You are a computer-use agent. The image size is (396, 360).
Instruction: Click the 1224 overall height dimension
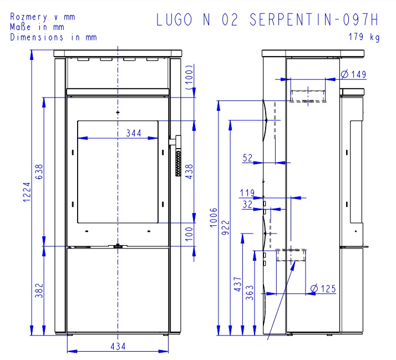point(27,192)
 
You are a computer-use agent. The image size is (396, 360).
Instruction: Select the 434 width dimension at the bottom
point(118,346)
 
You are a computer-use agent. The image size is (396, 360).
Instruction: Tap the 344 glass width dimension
point(134,133)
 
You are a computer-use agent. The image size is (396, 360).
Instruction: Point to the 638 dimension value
point(39,172)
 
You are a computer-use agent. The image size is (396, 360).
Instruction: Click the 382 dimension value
point(39,291)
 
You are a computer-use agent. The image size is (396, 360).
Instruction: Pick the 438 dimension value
point(189,172)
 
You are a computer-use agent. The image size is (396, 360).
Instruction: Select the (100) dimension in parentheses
point(189,77)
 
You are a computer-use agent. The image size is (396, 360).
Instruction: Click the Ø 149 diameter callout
point(353,74)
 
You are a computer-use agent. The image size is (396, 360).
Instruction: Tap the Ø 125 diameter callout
point(323,288)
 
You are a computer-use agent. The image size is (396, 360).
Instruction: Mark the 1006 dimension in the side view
point(214,217)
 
